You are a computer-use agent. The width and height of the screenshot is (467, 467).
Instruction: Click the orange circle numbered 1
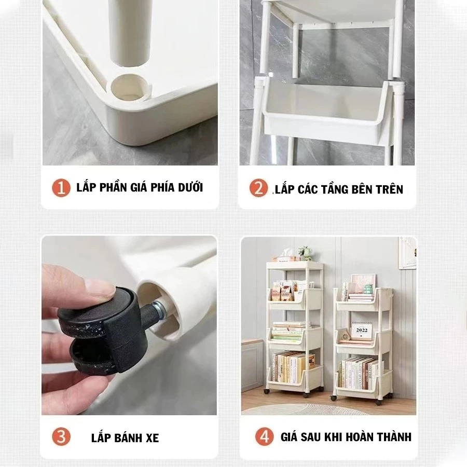click(x=61, y=188)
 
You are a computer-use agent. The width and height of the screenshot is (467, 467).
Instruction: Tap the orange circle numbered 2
click(x=258, y=188)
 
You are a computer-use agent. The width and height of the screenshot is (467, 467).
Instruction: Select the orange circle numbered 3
click(x=61, y=437)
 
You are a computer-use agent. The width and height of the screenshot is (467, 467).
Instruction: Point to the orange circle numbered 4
click(x=265, y=437)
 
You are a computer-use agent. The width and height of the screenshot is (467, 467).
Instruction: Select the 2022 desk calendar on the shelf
click(x=361, y=330)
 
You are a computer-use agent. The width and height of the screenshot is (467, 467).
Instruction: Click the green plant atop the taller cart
click(x=305, y=253)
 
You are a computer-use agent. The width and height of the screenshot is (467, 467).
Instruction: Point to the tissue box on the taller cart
click(x=286, y=257)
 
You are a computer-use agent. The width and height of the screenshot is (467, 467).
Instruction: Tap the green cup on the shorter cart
click(x=369, y=289)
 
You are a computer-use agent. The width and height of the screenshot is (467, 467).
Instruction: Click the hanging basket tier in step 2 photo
click(x=327, y=110)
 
